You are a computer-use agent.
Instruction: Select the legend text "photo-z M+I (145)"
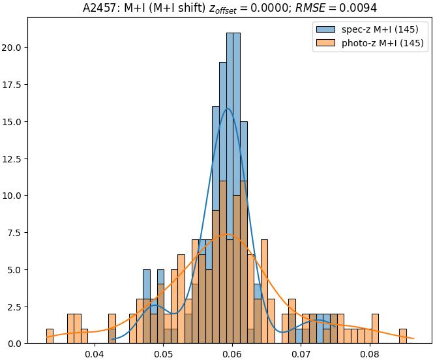tap(383, 44)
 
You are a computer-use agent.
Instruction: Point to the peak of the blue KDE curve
tap(228, 108)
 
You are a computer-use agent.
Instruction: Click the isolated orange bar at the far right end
tap(403, 337)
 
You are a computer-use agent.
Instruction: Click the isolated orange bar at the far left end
tap(50, 337)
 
